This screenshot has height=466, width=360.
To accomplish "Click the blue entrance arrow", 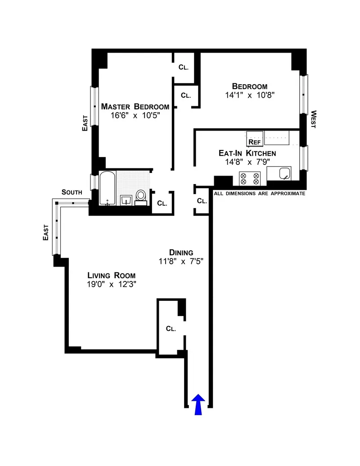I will pos(198,404).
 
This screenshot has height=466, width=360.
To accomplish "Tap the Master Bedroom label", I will pos(135,107).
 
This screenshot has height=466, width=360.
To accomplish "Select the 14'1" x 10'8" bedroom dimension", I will pos(250,95).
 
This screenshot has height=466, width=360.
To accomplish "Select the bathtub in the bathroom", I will pos(108,188).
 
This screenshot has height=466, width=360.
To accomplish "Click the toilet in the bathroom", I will pos(141,196).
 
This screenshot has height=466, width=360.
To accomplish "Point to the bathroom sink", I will pos(126,199).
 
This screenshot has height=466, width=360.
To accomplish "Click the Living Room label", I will pos(112,276).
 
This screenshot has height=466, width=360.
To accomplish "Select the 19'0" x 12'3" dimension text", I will pos(112,284).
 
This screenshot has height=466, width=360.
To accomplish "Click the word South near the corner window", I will pos(72,192).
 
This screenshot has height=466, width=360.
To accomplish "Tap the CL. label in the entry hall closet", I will pos(171,329).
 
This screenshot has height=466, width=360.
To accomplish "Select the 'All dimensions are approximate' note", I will pos(260,194).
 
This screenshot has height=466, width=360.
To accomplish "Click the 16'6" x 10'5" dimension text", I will pos(135,115).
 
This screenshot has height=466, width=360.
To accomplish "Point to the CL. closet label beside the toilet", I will pos(162,204).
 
